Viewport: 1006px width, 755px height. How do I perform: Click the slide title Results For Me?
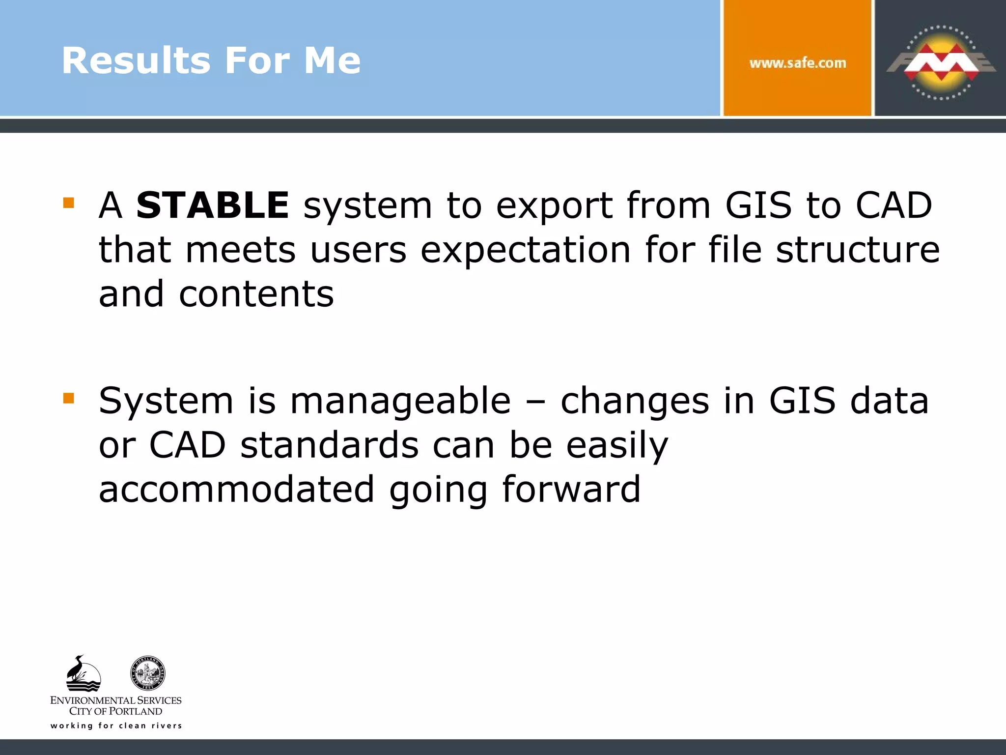click(x=211, y=61)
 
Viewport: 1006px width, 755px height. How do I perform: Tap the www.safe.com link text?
click(x=797, y=63)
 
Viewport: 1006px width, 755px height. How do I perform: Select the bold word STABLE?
click(x=213, y=205)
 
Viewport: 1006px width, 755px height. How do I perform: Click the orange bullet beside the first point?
click(x=69, y=203)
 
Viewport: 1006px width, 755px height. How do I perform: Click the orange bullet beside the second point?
click(x=69, y=398)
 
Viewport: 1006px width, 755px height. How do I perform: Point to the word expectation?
click(x=525, y=250)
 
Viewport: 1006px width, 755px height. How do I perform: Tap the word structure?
click(x=858, y=250)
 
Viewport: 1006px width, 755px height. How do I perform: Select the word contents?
click(x=256, y=294)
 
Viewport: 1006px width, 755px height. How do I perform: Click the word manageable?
click(x=400, y=401)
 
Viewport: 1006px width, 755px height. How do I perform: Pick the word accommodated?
click(x=237, y=490)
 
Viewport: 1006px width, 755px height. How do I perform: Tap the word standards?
click(x=329, y=445)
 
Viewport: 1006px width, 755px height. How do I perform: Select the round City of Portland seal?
click(x=148, y=673)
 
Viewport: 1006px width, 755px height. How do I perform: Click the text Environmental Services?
click(x=116, y=700)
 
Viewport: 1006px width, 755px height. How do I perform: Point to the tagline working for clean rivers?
click(x=116, y=726)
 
